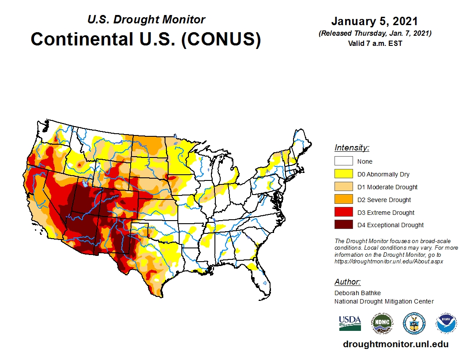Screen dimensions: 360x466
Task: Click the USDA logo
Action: pos(350,323)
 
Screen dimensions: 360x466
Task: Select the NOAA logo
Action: pos(446,323)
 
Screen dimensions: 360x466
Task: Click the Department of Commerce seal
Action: pos(414,323)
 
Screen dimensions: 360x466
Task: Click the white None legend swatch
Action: pos(343,161)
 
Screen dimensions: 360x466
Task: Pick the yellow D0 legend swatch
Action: pos(343,174)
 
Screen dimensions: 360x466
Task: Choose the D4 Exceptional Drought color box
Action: pos(343,225)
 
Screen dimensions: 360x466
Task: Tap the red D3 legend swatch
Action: pos(343,212)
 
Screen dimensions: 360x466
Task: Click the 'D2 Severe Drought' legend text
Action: pos(384,200)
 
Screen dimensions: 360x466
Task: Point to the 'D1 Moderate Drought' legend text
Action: pos(387,187)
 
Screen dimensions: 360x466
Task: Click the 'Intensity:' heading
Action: pos(352,148)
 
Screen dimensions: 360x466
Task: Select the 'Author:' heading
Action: pos(347,282)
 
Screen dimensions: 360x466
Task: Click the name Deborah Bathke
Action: pos(357,293)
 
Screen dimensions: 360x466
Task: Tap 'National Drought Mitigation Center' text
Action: pos(384,301)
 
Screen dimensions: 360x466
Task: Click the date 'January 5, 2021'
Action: pos(375,21)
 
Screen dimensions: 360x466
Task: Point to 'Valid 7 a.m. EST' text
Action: pos(375,43)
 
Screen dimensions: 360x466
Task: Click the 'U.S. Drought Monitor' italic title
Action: pos(146,20)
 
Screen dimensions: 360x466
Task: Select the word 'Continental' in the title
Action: pos(82,39)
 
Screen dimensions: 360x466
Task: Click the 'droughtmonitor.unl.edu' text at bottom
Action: pos(395,345)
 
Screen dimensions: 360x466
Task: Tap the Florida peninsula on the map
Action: pos(263,282)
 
